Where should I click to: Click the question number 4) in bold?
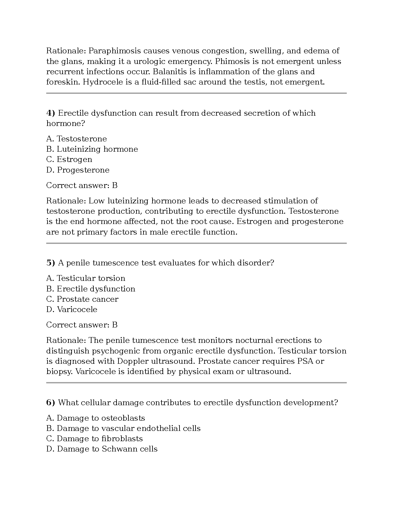pos(51,113)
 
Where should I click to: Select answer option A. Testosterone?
pos(76,139)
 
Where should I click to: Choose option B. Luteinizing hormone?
pos(92,149)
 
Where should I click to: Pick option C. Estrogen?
pos(69,159)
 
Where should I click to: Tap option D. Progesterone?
pos(78,170)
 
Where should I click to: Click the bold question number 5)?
pos(51,263)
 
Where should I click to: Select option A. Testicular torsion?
pos(86,278)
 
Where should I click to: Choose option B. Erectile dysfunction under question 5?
pos(91,289)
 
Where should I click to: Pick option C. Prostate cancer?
pos(82,299)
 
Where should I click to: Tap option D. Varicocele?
pos(72,309)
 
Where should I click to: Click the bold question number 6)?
pos(51,403)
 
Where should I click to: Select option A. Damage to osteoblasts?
pos(95,418)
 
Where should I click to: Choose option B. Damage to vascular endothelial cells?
pos(123,428)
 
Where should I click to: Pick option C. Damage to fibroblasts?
pos(94,439)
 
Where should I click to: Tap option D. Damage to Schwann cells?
pos(102,449)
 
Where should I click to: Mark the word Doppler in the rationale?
pos(133,361)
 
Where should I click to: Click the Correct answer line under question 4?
pos(82,185)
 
